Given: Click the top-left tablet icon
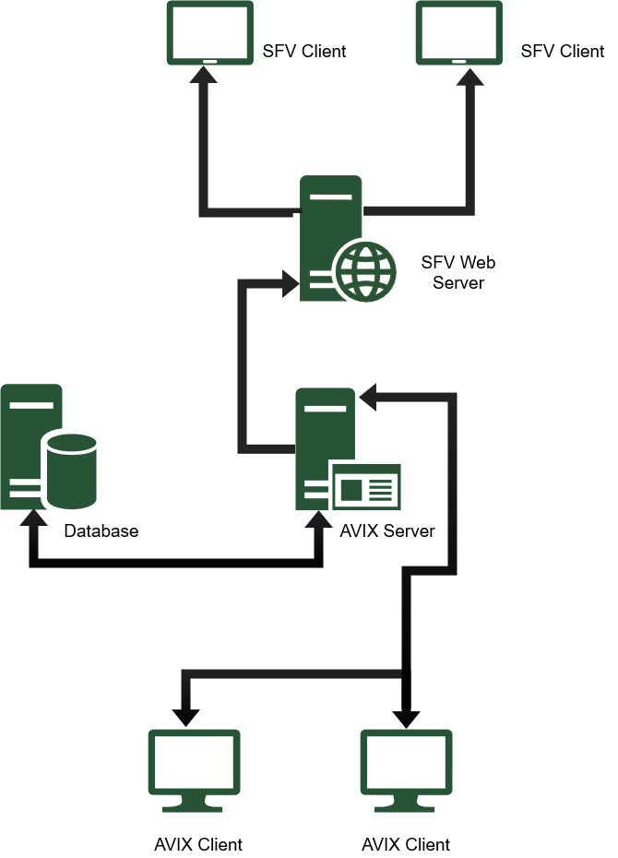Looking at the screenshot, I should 209,32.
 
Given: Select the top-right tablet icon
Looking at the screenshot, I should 458,32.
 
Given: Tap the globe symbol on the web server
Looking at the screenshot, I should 365,271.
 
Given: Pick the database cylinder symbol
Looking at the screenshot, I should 72,471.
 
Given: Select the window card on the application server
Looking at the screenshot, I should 366,487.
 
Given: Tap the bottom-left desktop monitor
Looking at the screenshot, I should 194,762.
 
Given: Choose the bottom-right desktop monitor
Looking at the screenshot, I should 406,762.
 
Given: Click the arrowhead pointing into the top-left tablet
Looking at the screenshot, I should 203,76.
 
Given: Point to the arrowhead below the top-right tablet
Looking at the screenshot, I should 469,77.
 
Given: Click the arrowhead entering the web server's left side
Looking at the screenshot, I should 290,283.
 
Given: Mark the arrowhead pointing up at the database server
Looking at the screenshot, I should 33,518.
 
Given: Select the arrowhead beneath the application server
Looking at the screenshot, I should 319,520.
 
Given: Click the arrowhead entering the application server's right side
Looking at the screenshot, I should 368,397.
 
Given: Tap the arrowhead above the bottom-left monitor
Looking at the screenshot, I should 185,716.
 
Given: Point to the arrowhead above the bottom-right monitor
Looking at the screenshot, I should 406,716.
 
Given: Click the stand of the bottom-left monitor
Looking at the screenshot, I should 193,804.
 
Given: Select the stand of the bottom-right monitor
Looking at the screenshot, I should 405,804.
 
